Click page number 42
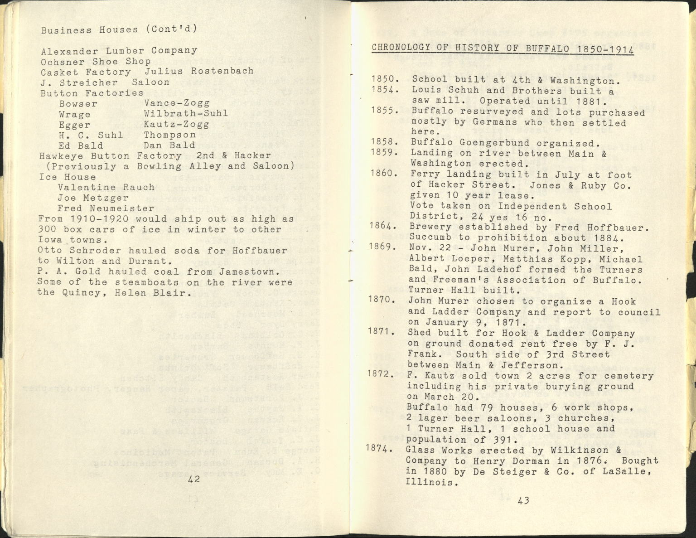point(194,479)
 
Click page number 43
point(523,500)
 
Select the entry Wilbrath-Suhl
point(186,113)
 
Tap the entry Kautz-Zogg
point(177,124)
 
